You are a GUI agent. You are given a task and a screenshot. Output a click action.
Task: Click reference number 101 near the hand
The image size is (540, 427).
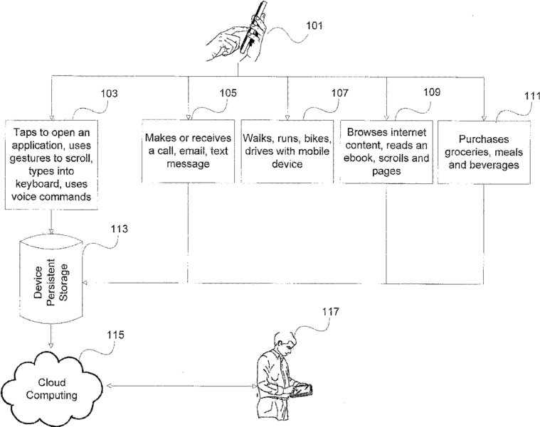coord(314,26)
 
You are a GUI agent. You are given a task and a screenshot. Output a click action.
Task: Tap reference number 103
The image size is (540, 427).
coord(109,94)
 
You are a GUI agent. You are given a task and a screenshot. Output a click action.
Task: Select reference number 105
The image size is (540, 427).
coord(228,93)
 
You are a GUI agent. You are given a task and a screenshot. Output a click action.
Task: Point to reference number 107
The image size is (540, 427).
coord(340,93)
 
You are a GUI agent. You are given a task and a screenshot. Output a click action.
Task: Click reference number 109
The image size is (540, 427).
coord(432,92)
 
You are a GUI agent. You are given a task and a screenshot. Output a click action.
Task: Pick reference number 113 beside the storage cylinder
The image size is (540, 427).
coord(119,229)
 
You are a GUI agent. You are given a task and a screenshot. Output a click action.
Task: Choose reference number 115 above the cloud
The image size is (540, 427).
coord(115,335)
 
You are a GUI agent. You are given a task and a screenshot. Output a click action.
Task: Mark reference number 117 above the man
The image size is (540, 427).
coord(331,312)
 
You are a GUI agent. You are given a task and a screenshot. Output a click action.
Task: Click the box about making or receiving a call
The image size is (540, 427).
coord(188,151)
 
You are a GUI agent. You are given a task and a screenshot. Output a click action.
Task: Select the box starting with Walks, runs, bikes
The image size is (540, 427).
coord(287,151)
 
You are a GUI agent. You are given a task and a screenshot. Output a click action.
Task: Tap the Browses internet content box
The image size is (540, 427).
coord(386,152)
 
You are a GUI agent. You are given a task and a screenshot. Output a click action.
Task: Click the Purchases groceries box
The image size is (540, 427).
coord(484,152)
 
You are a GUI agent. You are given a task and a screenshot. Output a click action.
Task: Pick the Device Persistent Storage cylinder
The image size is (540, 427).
coord(51,281)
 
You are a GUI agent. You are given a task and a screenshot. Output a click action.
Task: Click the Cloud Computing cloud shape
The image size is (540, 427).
coord(52,389)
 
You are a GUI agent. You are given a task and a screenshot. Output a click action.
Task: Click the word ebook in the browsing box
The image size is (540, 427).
coord(359,158)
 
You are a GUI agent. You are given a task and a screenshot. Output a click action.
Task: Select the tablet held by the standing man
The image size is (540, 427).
coord(302,391)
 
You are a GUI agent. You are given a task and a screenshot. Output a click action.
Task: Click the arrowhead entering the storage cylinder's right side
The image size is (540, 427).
coord(85,283)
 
